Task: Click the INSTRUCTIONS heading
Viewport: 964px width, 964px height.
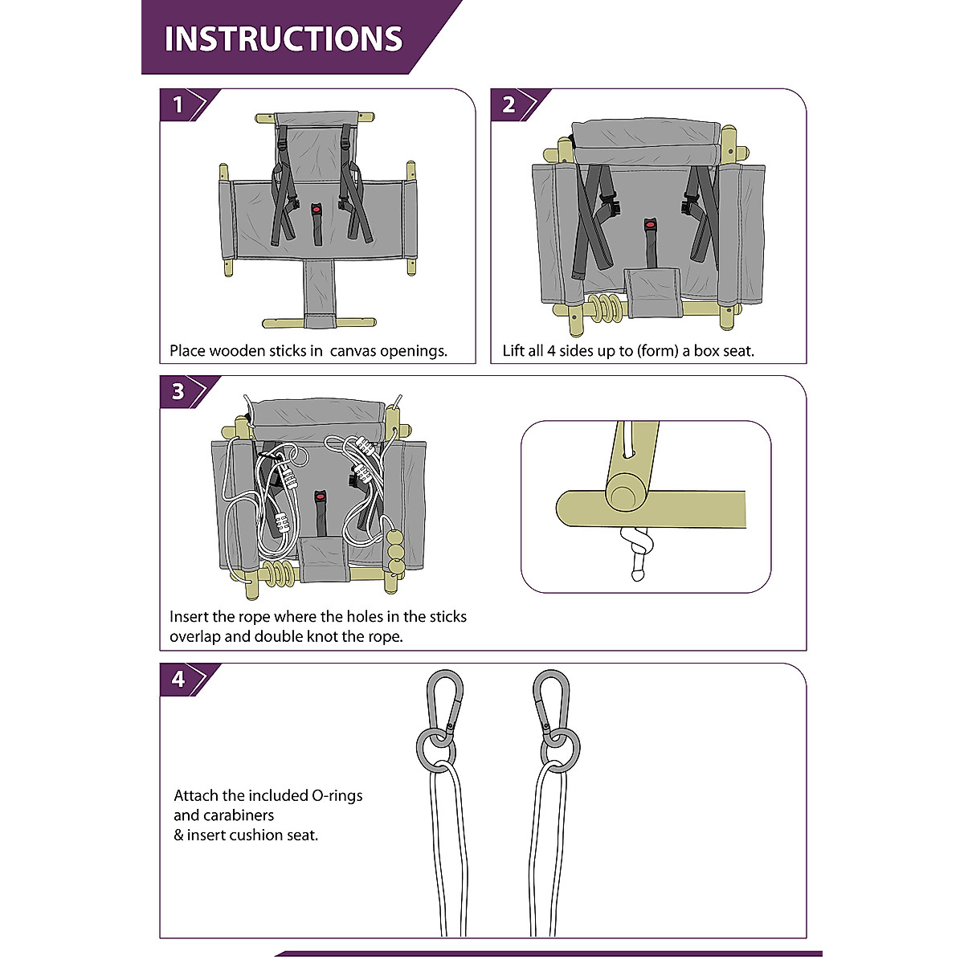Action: [x=283, y=39]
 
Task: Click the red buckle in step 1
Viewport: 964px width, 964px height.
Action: [x=317, y=209]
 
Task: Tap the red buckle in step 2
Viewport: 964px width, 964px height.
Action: [x=650, y=225]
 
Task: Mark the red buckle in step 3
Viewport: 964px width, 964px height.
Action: [x=320, y=496]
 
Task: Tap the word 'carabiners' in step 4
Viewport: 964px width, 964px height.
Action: [x=223, y=815]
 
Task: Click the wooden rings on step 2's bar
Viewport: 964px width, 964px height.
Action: [x=607, y=308]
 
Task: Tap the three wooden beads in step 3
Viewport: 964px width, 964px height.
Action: [x=396, y=553]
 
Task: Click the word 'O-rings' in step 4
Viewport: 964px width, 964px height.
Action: [x=337, y=795]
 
